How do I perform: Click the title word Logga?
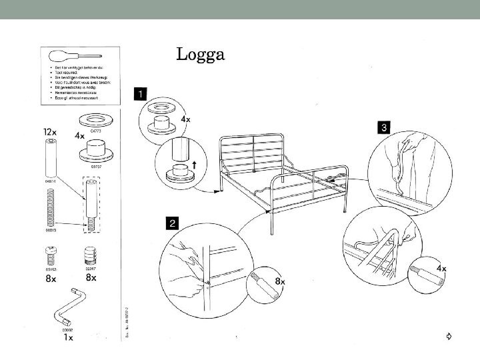coord(200,54)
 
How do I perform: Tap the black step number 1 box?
coord(141,93)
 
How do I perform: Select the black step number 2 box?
coord(173,223)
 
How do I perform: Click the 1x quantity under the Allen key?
coord(67,337)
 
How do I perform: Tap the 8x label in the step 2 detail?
coord(281,281)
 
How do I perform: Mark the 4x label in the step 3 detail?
coord(441,268)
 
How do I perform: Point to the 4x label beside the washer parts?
coord(79,135)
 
